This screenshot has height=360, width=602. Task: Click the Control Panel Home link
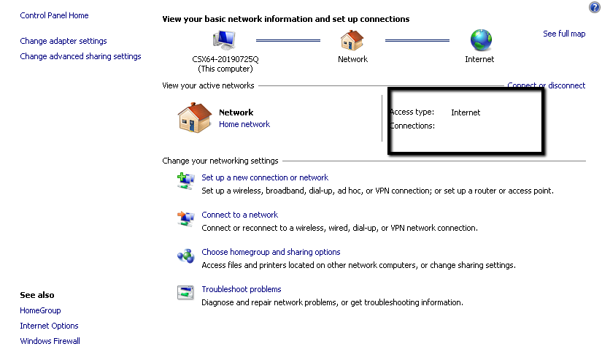(x=54, y=15)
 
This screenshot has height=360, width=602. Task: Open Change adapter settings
(x=63, y=41)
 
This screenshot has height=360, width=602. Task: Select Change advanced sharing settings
(x=80, y=56)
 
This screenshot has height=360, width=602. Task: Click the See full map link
(x=564, y=34)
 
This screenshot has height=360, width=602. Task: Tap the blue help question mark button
(x=594, y=7)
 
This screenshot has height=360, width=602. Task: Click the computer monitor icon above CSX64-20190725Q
(x=224, y=40)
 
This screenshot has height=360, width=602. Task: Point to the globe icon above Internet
(x=481, y=40)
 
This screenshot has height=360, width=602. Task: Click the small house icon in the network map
(x=352, y=40)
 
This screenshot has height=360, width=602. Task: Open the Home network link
(x=244, y=124)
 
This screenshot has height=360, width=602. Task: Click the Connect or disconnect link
(x=547, y=85)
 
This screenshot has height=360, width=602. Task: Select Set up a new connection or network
(x=265, y=177)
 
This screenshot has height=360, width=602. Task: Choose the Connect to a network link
(x=239, y=215)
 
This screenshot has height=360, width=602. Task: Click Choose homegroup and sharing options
(x=271, y=252)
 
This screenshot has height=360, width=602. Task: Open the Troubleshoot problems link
(x=241, y=289)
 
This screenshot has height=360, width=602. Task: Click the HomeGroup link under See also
(x=40, y=310)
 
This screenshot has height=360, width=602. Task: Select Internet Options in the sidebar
(x=49, y=326)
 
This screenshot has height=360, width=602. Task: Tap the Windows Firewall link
(x=50, y=341)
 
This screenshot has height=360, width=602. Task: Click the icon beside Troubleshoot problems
(x=185, y=293)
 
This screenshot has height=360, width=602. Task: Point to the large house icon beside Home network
(x=195, y=118)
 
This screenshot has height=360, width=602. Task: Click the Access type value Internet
(x=466, y=112)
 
